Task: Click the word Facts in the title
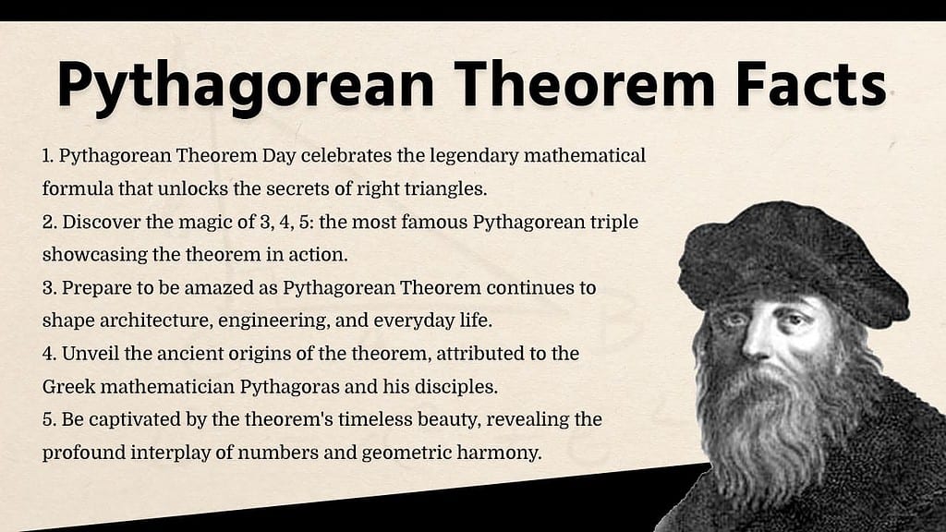(x=810, y=84)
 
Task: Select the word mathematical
(x=584, y=155)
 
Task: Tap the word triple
(x=614, y=222)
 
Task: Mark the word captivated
(x=135, y=420)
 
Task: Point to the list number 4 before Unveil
(x=49, y=354)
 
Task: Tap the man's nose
(x=754, y=341)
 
